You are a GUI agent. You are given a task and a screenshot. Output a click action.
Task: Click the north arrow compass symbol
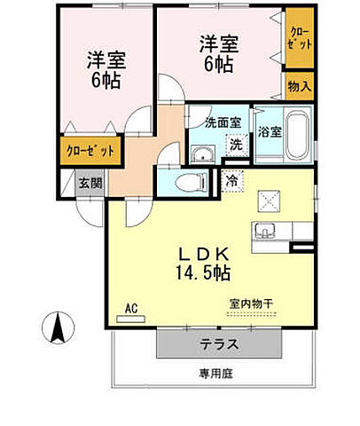(x=58, y=329)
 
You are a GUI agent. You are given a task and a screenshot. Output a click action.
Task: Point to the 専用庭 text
(x=215, y=374)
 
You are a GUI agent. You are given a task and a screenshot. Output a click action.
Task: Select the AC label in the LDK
(x=130, y=308)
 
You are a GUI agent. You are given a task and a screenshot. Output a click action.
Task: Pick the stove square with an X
(x=268, y=201)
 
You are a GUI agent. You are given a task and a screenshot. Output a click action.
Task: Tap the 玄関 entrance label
(x=89, y=183)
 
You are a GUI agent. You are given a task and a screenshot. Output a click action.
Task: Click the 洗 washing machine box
(x=235, y=144)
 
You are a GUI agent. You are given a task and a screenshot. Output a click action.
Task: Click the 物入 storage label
(x=299, y=86)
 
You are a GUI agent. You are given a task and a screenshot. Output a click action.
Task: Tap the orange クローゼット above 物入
(x=298, y=38)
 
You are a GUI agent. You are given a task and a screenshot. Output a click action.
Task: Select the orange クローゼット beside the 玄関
(x=90, y=151)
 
